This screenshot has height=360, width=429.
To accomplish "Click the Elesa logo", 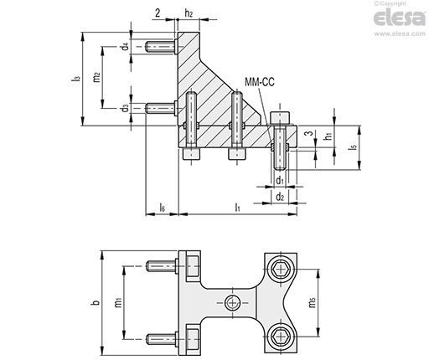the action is (400, 18).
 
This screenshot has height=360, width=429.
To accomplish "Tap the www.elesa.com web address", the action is (400, 33).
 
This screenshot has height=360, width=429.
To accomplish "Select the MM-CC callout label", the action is (260, 82).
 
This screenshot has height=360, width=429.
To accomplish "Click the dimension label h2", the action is (189, 13).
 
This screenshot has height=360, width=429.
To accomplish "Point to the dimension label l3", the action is (75, 79).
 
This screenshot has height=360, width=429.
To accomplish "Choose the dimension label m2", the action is (96, 77).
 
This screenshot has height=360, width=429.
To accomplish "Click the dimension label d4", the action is (126, 46).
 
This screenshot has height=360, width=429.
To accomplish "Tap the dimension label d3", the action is (126, 108).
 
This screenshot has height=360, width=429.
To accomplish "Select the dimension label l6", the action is (162, 207).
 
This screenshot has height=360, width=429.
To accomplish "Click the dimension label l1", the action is (237, 207).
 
